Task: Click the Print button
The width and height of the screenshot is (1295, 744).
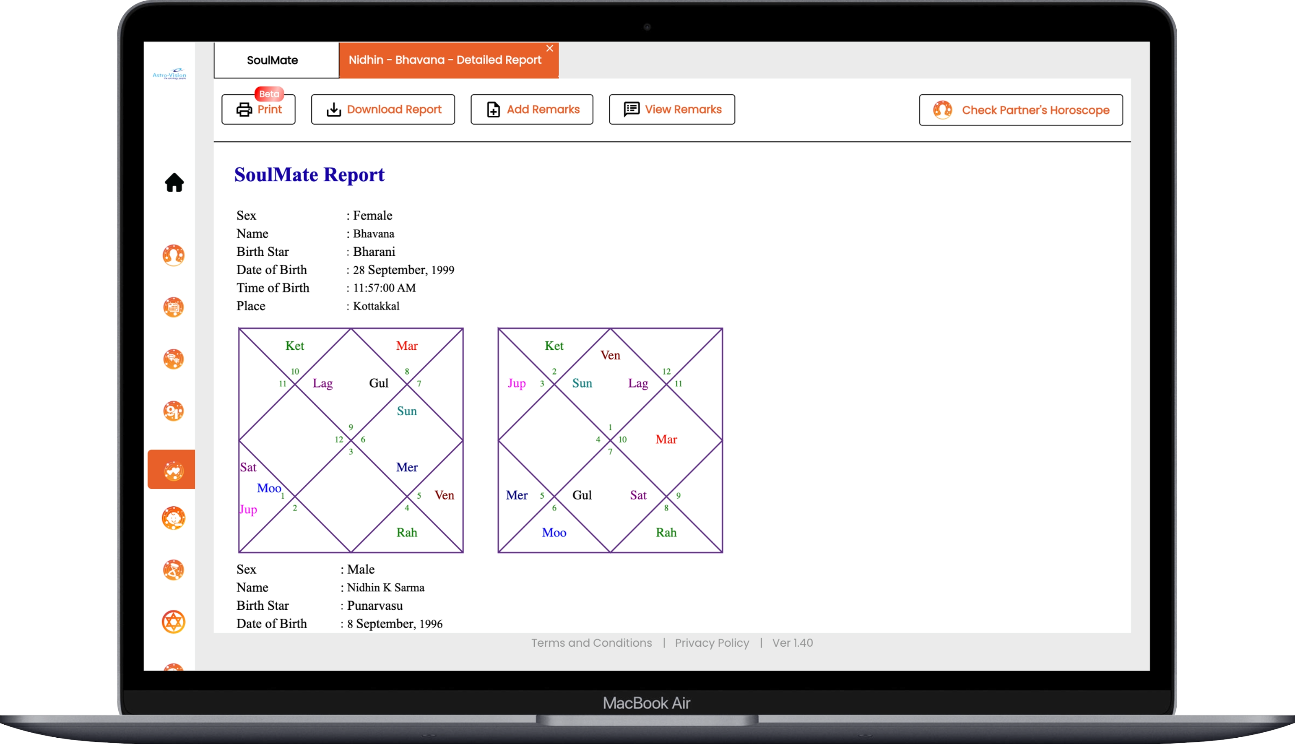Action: tap(258, 109)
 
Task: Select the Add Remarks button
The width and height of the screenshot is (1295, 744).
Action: tap(532, 109)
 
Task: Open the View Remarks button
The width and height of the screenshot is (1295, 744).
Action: tap(672, 109)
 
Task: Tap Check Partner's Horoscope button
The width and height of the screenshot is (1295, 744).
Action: tap(1021, 110)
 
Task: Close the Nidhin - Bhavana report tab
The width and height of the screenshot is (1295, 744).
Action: tap(550, 48)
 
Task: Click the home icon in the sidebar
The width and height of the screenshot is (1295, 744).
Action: tap(174, 182)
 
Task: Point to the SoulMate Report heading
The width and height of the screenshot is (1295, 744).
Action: tap(309, 175)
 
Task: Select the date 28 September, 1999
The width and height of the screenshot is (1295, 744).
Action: tap(403, 270)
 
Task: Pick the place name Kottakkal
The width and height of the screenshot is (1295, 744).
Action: tap(376, 306)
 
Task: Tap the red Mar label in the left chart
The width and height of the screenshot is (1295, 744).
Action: tap(407, 346)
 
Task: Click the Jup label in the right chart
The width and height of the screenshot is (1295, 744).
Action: tap(517, 383)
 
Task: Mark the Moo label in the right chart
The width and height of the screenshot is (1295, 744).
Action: tap(554, 533)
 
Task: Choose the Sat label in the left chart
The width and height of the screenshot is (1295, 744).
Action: tap(248, 467)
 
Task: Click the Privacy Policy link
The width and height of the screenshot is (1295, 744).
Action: tap(712, 643)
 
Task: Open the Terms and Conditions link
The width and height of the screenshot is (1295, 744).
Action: tap(592, 643)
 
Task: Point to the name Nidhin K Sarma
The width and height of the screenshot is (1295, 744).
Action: tap(386, 588)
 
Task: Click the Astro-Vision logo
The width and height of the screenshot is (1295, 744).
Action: tap(169, 74)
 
